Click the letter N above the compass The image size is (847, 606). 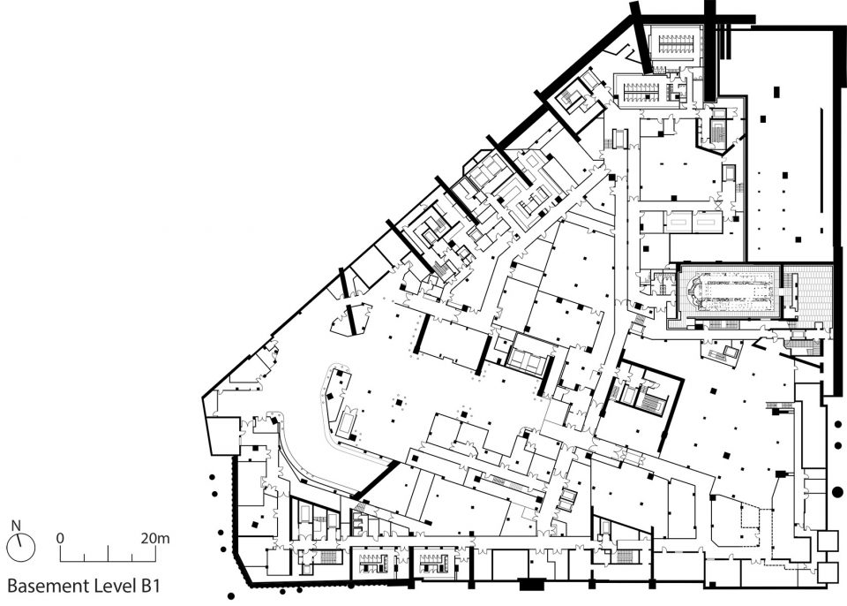click(x=16, y=526)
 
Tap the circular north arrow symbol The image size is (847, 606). click(x=21, y=548)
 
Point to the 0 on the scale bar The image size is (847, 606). click(x=60, y=538)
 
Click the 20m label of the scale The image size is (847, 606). click(x=155, y=538)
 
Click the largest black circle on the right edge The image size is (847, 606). click(x=837, y=492)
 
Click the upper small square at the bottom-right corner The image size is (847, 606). click(x=827, y=540)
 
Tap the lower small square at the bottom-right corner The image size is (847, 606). click(x=827, y=572)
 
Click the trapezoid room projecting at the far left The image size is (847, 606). click(x=222, y=436)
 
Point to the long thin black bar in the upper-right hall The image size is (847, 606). click(x=821, y=163)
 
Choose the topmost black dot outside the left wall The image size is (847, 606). click(x=213, y=478)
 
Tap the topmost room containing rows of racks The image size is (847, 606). click(x=675, y=42)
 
